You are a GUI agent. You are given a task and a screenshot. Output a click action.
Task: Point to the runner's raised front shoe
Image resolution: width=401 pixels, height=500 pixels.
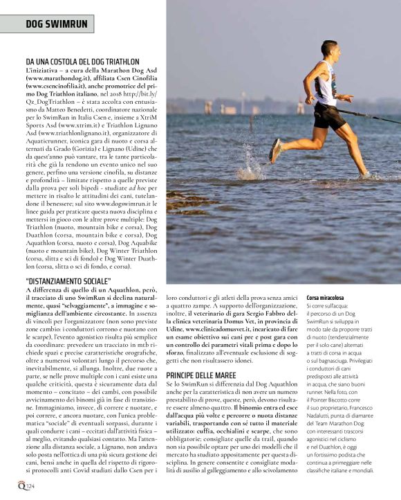275,150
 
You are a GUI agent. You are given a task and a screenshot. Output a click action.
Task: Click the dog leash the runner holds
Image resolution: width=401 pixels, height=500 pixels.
373,115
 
